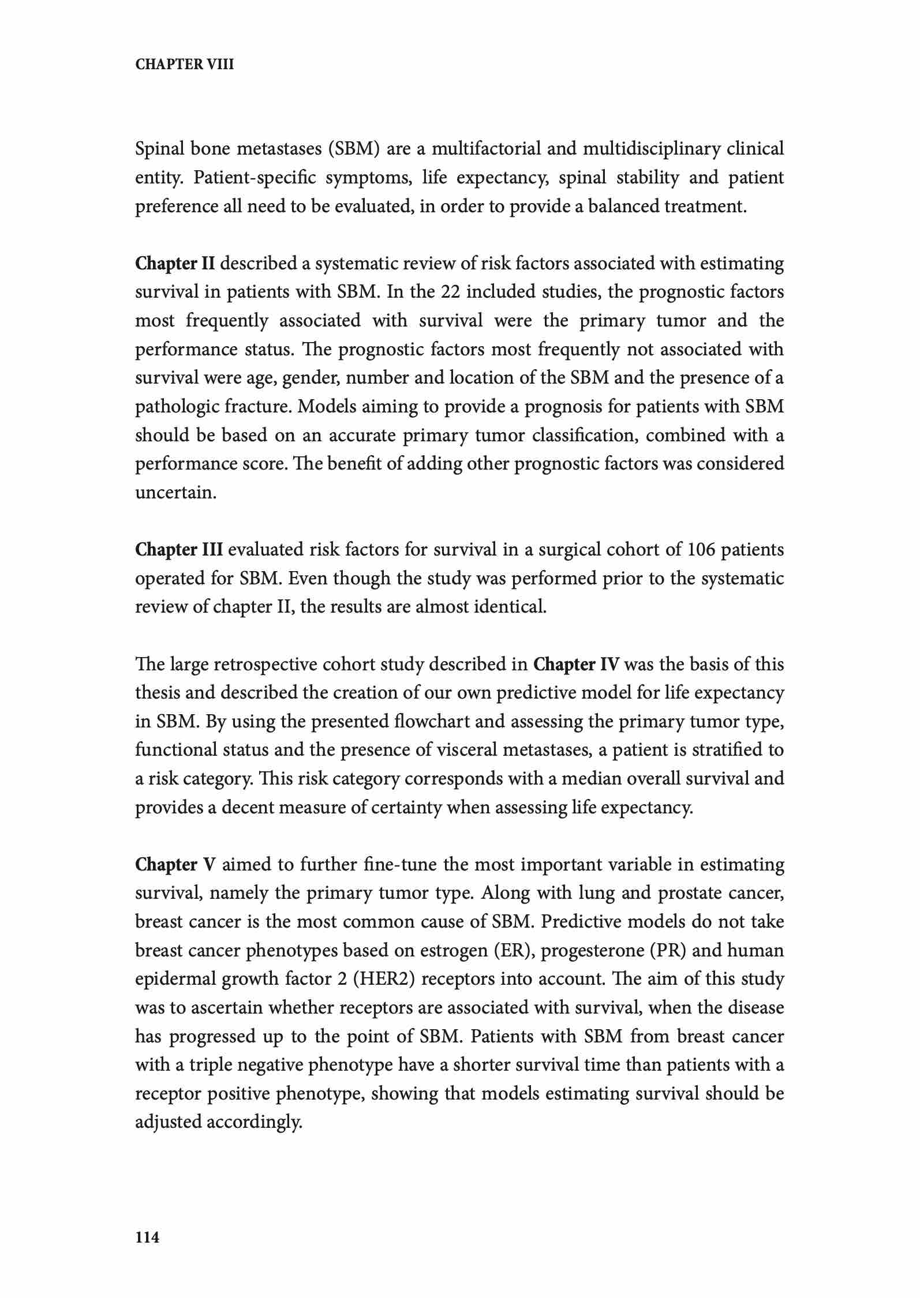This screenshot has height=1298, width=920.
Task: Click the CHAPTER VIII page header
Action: [x=185, y=65]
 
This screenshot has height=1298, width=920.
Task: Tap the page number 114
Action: [x=147, y=1237]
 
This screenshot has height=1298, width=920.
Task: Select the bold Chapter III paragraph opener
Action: [x=178, y=550]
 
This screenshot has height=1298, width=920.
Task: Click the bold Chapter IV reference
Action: [x=576, y=665]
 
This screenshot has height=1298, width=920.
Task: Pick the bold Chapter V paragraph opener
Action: [x=175, y=865]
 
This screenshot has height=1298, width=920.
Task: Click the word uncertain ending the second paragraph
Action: [x=175, y=493]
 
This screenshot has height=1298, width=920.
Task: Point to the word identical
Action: [x=509, y=607]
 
